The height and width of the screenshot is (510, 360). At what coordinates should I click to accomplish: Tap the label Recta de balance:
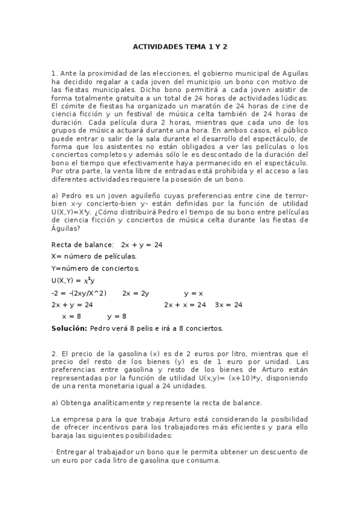coord(82,245)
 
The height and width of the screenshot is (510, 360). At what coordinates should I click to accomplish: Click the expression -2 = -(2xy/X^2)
coord(79,293)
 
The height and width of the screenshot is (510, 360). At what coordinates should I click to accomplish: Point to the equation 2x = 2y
coord(135,293)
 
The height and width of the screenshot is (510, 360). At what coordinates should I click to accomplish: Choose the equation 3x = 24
coord(228,305)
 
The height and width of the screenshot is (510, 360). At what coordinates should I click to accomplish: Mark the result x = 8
coord(72,316)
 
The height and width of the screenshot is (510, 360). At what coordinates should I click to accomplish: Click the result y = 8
coord(117,316)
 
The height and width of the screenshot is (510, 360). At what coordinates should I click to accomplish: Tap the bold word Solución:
coord(70,328)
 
